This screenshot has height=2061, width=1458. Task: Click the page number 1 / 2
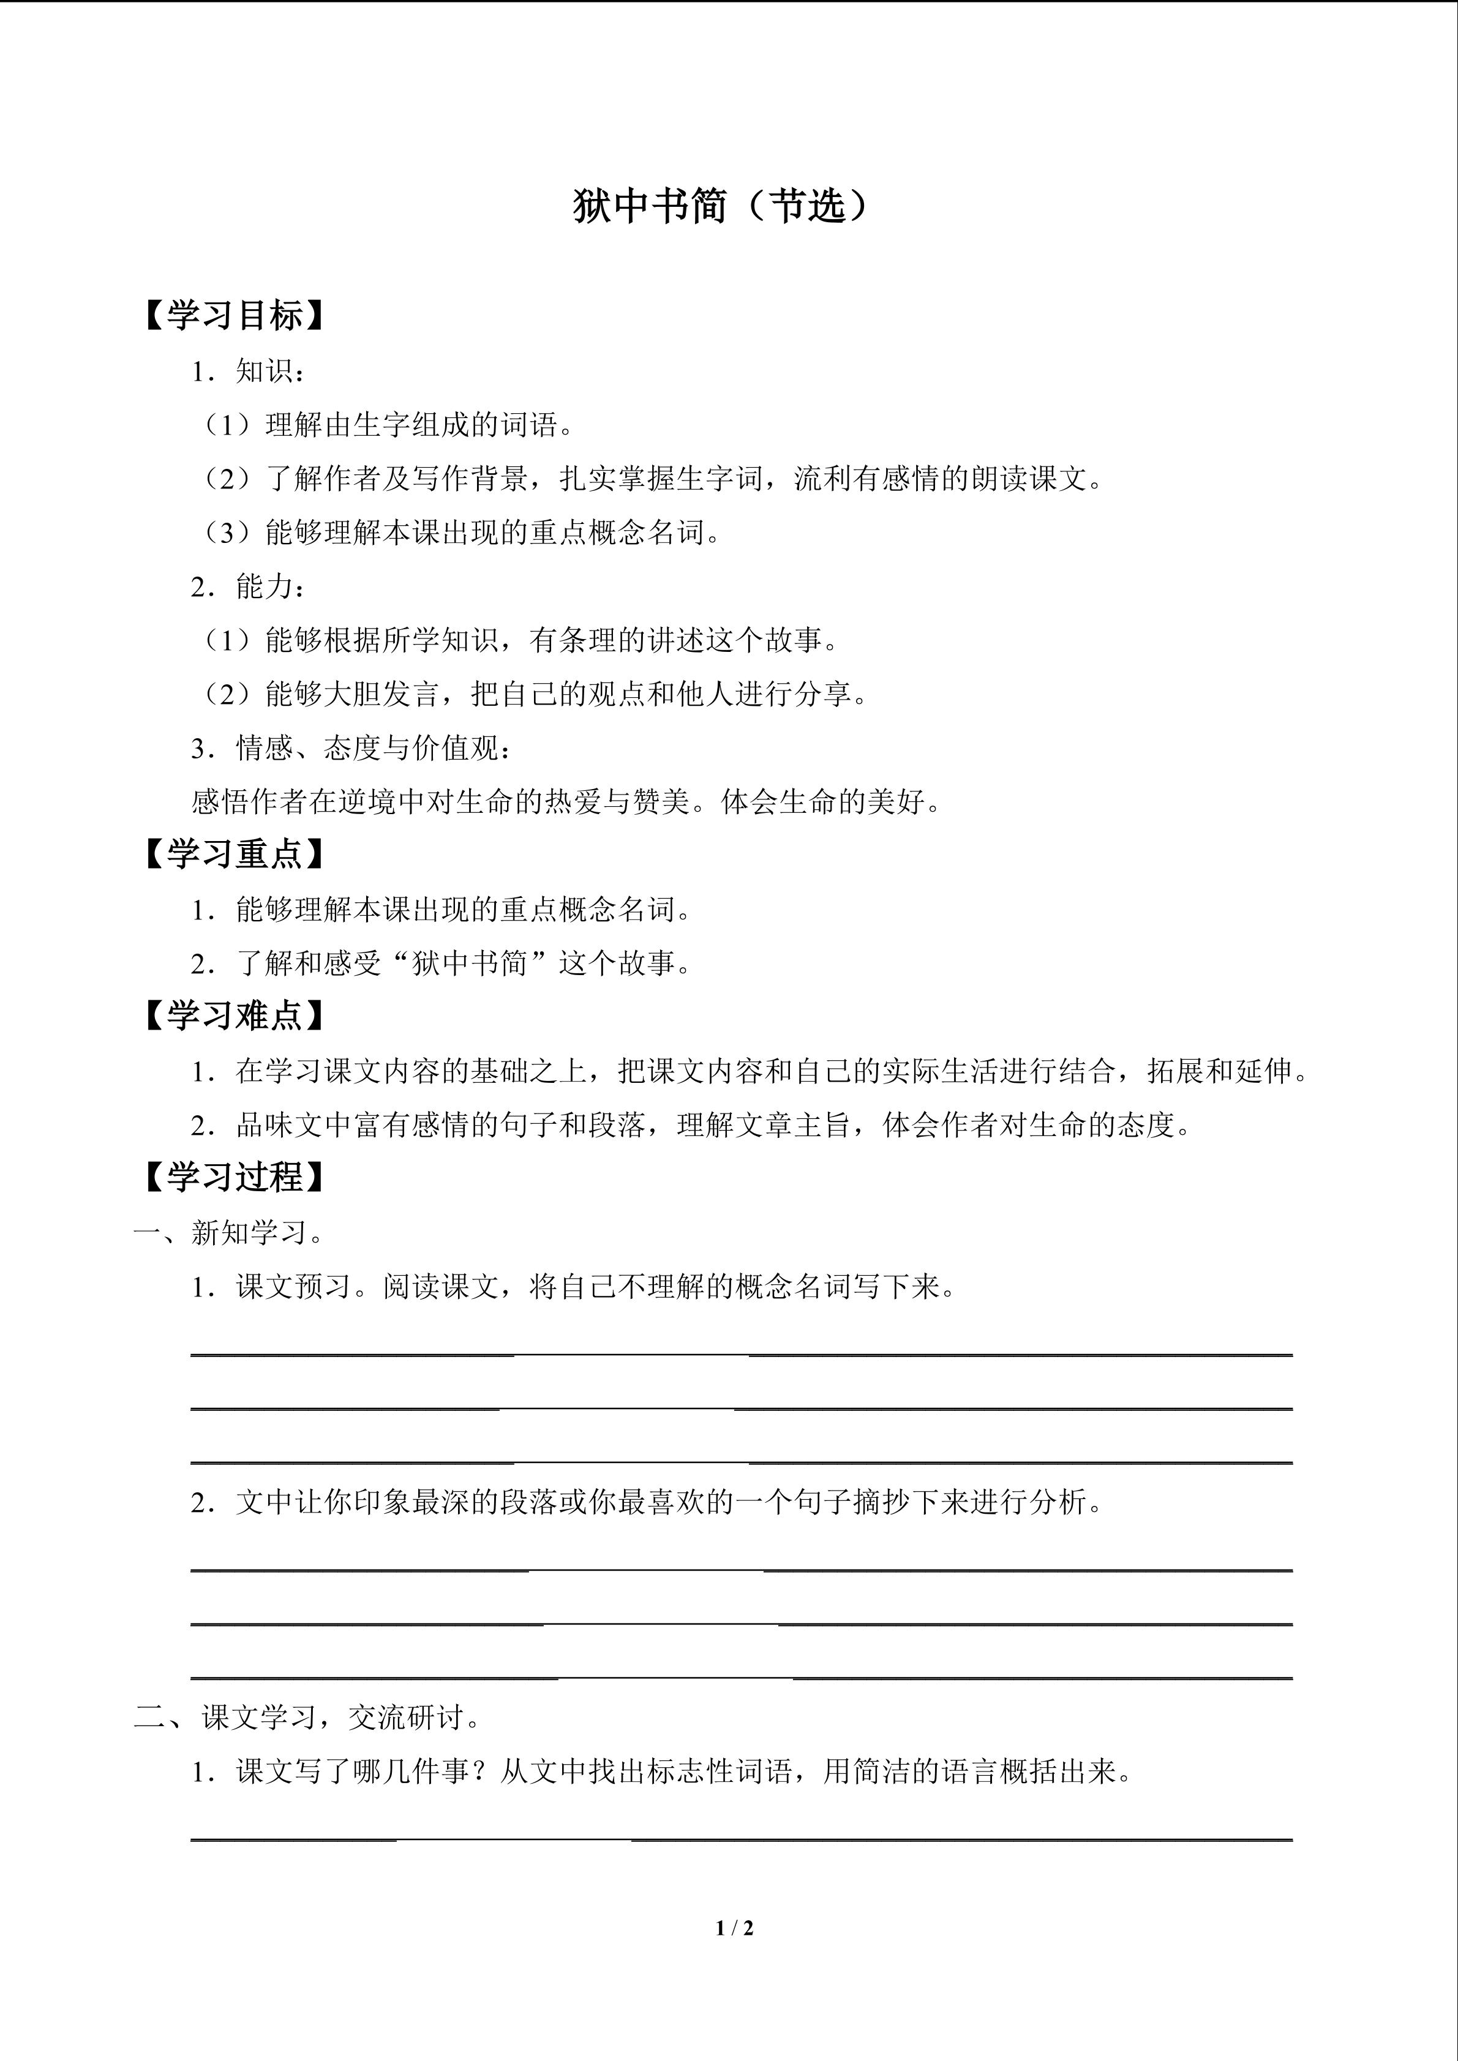pyautogui.click(x=734, y=1927)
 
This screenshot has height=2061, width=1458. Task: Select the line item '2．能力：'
pyautogui.click(x=249, y=586)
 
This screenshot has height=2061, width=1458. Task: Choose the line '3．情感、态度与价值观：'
pyautogui.click(x=353, y=748)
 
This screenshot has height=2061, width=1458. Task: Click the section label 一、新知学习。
pyautogui.click(x=230, y=1232)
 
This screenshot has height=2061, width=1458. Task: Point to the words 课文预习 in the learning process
pyautogui.click(x=293, y=1286)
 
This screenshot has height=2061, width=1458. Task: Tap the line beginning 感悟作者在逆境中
pyautogui.click(x=568, y=802)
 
